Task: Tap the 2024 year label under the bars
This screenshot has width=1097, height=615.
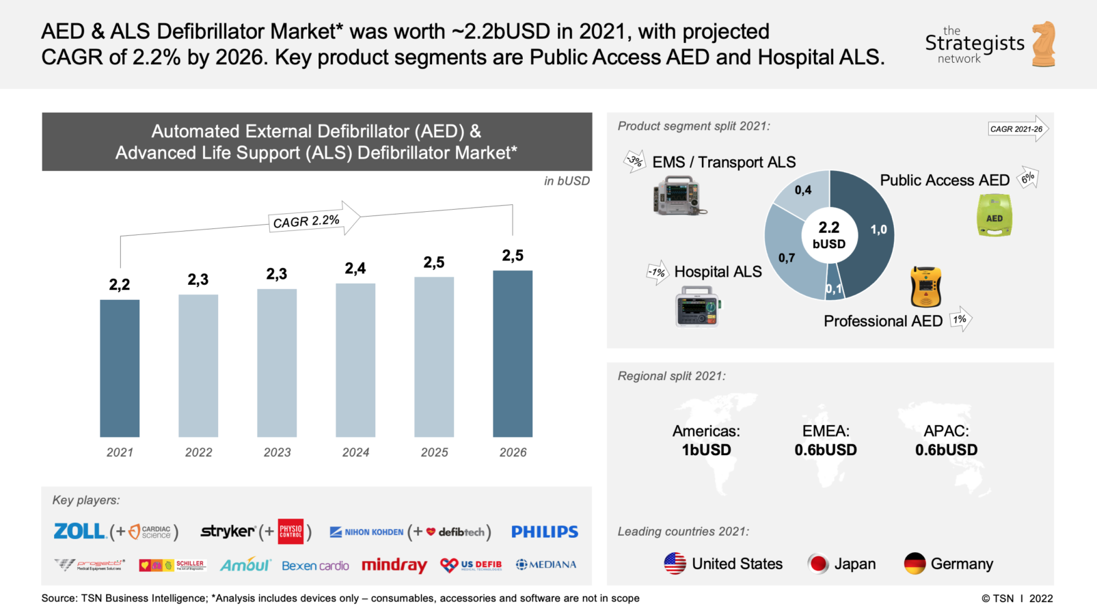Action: coord(355,452)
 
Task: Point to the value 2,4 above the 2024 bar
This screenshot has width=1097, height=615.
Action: coord(355,269)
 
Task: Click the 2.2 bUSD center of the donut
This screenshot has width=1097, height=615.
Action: coord(829,235)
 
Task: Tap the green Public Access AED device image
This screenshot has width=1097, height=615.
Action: coord(994,216)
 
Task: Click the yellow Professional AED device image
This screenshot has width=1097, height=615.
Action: coord(926,287)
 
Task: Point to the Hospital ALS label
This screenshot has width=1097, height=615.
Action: coord(718,272)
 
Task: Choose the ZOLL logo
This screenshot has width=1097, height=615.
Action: coord(79,531)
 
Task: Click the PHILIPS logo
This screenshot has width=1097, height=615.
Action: coord(545,532)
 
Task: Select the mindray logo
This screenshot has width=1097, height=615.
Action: coord(394,565)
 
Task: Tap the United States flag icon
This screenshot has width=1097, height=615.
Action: coord(675,564)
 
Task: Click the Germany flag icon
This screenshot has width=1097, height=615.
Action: coord(915,564)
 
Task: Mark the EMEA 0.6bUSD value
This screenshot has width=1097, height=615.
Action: coord(826,450)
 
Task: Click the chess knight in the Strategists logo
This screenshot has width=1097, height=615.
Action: coord(1044,44)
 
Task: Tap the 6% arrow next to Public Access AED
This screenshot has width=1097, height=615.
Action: coord(1028,178)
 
